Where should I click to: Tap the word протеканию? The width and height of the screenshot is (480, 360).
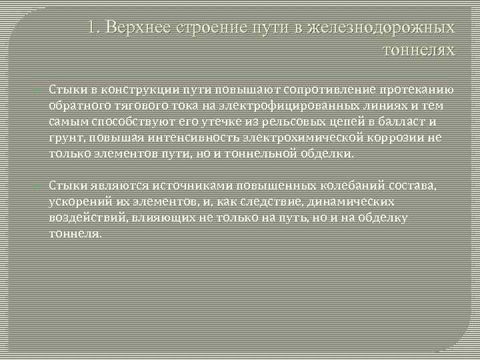417,91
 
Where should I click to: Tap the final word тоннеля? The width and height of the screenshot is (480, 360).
75,233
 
